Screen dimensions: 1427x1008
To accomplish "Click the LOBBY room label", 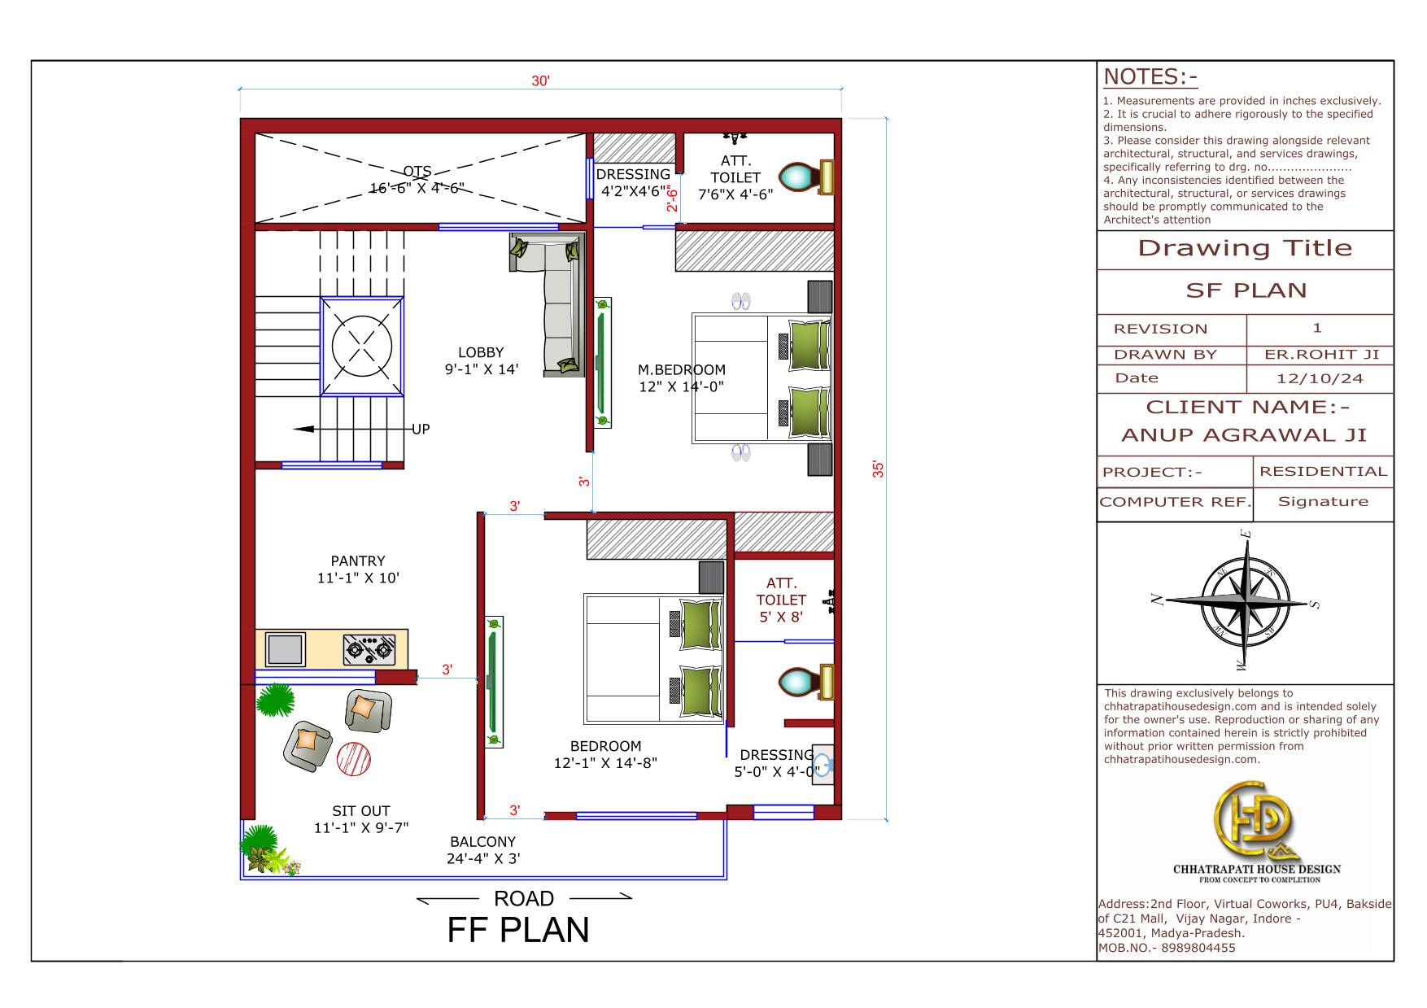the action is pyautogui.click(x=481, y=352).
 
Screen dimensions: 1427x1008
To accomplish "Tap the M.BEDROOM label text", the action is pyautogui.click(x=681, y=369).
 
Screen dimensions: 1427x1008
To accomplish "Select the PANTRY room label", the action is pyautogui.click(x=358, y=561).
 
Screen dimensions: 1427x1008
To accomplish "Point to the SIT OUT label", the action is pyautogui.click(x=361, y=810).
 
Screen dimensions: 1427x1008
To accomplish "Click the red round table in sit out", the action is pyautogui.click(x=355, y=758).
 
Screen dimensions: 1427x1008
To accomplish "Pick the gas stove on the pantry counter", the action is pyautogui.click(x=369, y=649).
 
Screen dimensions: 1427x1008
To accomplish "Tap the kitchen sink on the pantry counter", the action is pyautogui.click(x=286, y=649).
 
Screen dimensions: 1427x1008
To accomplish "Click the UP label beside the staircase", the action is pyautogui.click(x=421, y=429).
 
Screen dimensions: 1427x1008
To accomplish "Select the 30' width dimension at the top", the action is pyautogui.click(x=541, y=81).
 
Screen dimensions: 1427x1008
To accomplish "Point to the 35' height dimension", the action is pyautogui.click(x=878, y=469).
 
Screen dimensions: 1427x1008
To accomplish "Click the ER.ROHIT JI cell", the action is pyautogui.click(x=1320, y=354).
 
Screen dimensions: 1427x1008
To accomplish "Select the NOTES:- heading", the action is pyautogui.click(x=1150, y=76).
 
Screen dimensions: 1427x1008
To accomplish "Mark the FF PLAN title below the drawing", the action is pyautogui.click(x=518, y=930).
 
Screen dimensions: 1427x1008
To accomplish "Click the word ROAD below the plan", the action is pyautogui.click(x=524, y=898).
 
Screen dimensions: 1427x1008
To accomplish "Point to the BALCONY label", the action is pyautogui.click(x=483, y=841).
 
